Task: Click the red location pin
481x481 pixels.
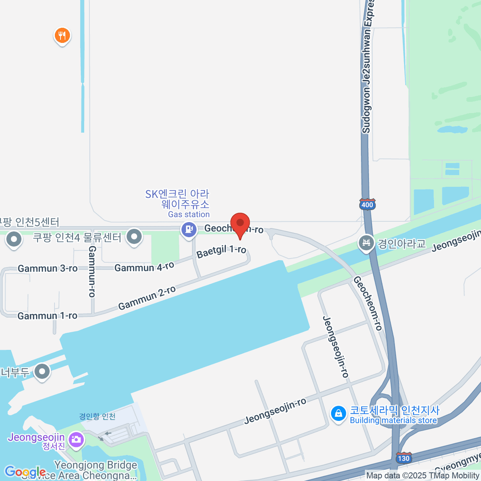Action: [240, 224]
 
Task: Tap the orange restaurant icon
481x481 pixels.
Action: [62, 36]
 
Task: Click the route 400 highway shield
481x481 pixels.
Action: [367, 205]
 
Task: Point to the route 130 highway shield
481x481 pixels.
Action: [403, 458]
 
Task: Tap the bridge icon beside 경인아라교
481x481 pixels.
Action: [366, 243]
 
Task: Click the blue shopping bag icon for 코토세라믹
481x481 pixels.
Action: [338, 413]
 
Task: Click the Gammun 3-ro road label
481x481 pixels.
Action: [48, 269]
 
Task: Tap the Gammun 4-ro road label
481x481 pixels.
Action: [144, 267]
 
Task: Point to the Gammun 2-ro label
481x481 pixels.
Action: [147, 298]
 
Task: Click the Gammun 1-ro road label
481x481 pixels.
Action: [47, 316]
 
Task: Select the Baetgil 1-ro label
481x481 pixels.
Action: [221, 251]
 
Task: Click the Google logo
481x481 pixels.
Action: [25, 472]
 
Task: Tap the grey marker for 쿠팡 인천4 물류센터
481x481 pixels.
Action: [134, 237]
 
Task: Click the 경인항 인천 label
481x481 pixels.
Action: [97, 416]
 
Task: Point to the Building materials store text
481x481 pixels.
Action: [393, 420]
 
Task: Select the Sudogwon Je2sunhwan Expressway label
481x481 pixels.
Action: [367, 68]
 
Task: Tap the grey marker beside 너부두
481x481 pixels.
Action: [42, 372]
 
